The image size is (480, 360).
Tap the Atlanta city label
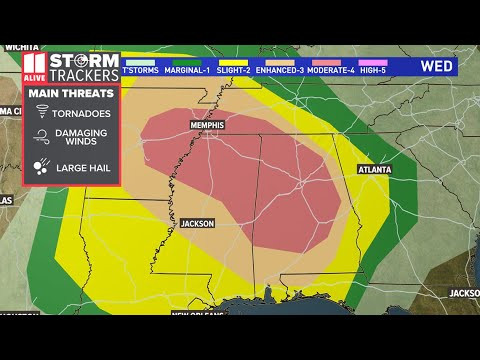(x=374, y=170)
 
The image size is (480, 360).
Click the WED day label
(x=434, y=66)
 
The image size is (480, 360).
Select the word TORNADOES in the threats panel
(x=83, y=113)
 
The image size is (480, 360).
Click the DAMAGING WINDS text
(x=82, y=140)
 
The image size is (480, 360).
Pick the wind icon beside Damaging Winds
(x=42, y=140)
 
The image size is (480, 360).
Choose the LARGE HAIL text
(x=83, y=168)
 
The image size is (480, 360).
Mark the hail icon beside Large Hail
(x=42, y=168)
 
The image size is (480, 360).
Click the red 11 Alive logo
(x=34, y=66)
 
